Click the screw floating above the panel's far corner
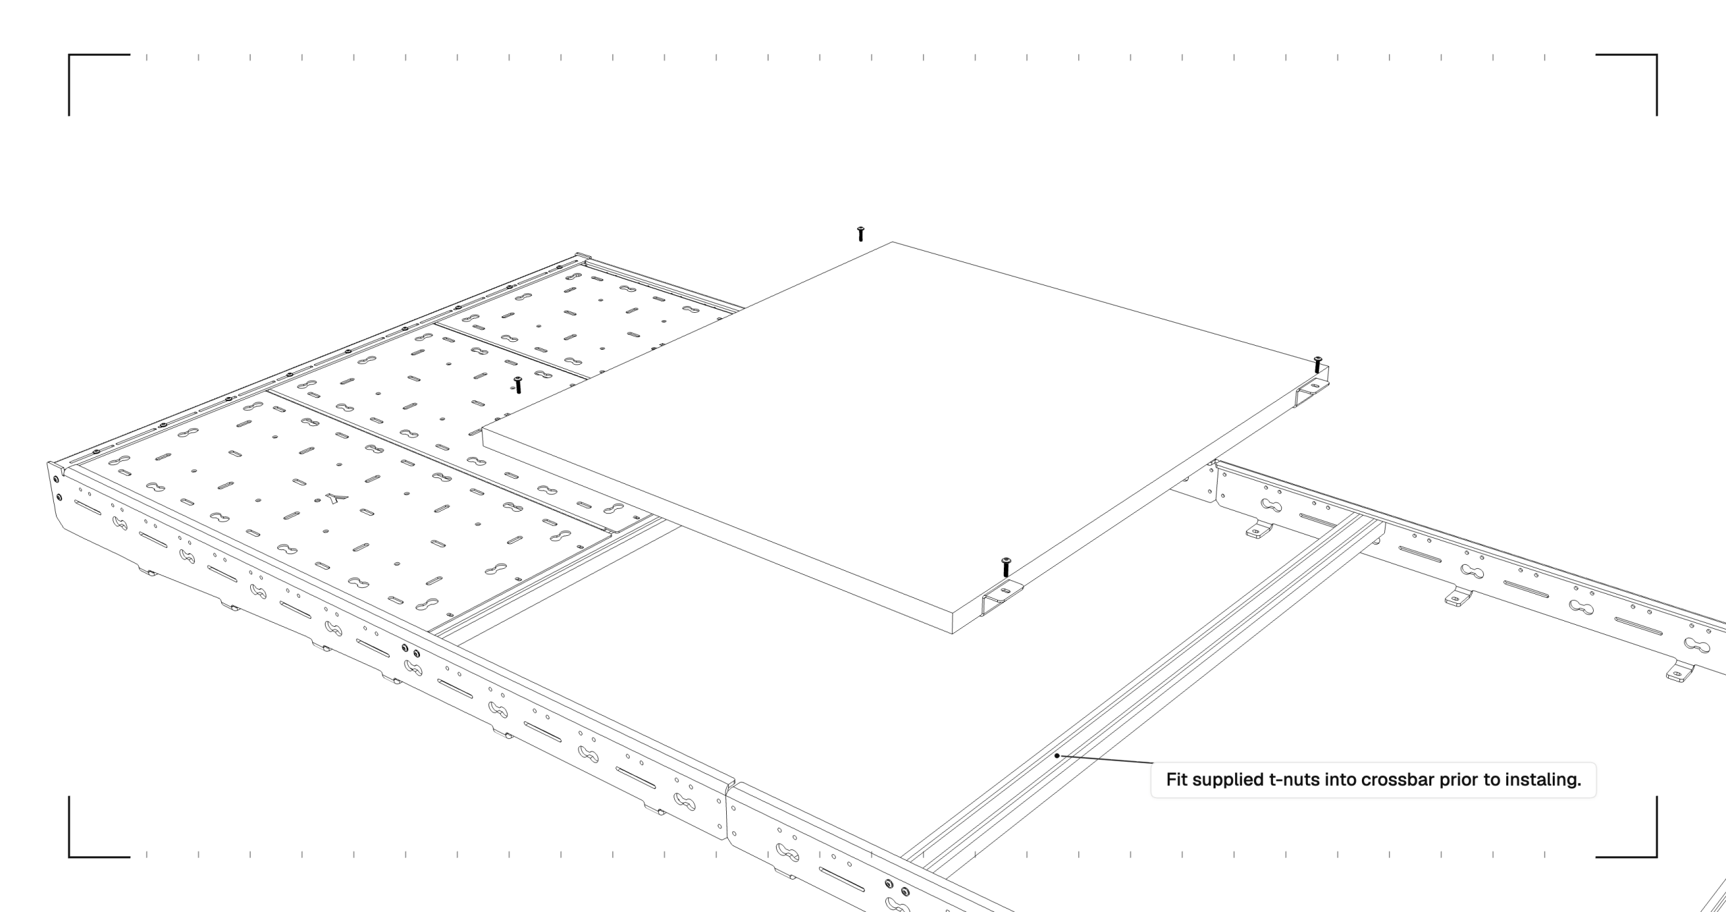coord(860,234)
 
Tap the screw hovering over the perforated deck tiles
coord(518,385)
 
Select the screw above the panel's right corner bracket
coord(1317,365)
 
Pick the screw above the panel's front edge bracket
coord(1006,567)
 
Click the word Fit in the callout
coord(1177,780)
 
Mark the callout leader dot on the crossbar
coord(1057,756)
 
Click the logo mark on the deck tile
coord(336,499)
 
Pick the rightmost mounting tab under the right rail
coord(1679,672)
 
